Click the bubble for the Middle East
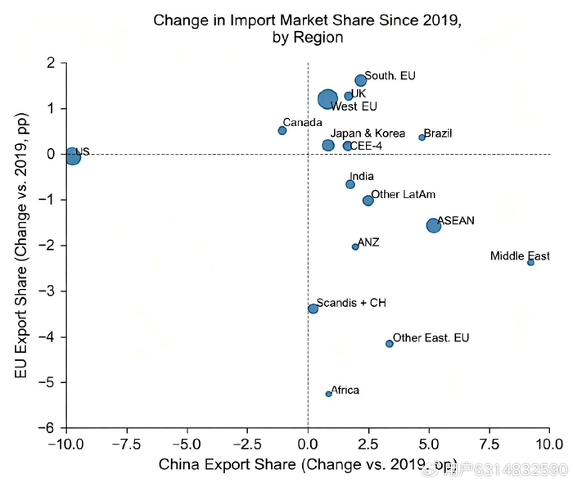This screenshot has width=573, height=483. (530, 263)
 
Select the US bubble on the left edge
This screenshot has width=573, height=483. (73, 156)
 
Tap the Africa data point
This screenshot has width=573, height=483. (328, 394)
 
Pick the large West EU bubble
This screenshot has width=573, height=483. (327, 99)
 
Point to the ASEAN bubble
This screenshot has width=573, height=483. (433, 225)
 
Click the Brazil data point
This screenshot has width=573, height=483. (422, 138)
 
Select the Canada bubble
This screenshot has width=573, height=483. (282, 130)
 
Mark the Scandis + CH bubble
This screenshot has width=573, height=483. (313, 309)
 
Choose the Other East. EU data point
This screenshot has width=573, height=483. (390, 344)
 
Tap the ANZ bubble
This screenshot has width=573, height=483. (355, 247)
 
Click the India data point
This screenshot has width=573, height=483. (350, 184)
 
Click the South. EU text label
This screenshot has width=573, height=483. (390, 75)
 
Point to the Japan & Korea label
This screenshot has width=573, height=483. (368, 133)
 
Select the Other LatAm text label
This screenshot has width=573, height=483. (403, 194)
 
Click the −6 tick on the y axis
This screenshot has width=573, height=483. (47, 427)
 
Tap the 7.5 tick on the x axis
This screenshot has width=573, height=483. (490, 445)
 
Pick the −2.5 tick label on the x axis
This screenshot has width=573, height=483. (246, 445)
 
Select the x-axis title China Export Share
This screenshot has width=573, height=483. (228, 464)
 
